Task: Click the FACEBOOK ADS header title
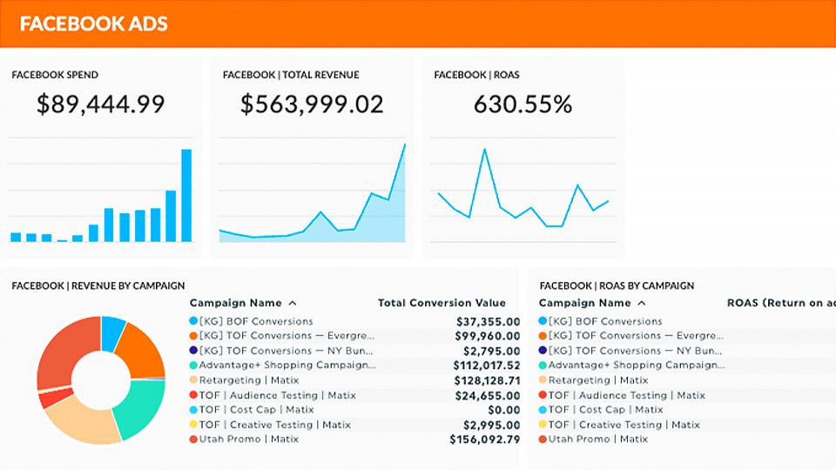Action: click(93, 23)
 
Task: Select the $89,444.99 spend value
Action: click(101, 104)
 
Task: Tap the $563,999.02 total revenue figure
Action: click(312, 104)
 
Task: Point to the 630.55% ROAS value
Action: click(522, 104)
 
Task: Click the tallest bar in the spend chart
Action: click(185, 195)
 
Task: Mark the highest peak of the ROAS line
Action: click(483, 150)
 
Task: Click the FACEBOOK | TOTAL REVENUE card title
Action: click(291, 75)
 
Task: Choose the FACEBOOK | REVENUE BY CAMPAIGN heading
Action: click(98, 285)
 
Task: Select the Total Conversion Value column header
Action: click(442, 303)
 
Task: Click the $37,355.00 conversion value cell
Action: click(488, 321)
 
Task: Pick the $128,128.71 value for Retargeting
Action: click(488, 380)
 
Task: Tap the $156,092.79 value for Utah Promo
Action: click(484, 440)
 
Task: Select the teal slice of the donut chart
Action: click(139, 406)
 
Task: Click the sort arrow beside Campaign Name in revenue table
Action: click(293, 303)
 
